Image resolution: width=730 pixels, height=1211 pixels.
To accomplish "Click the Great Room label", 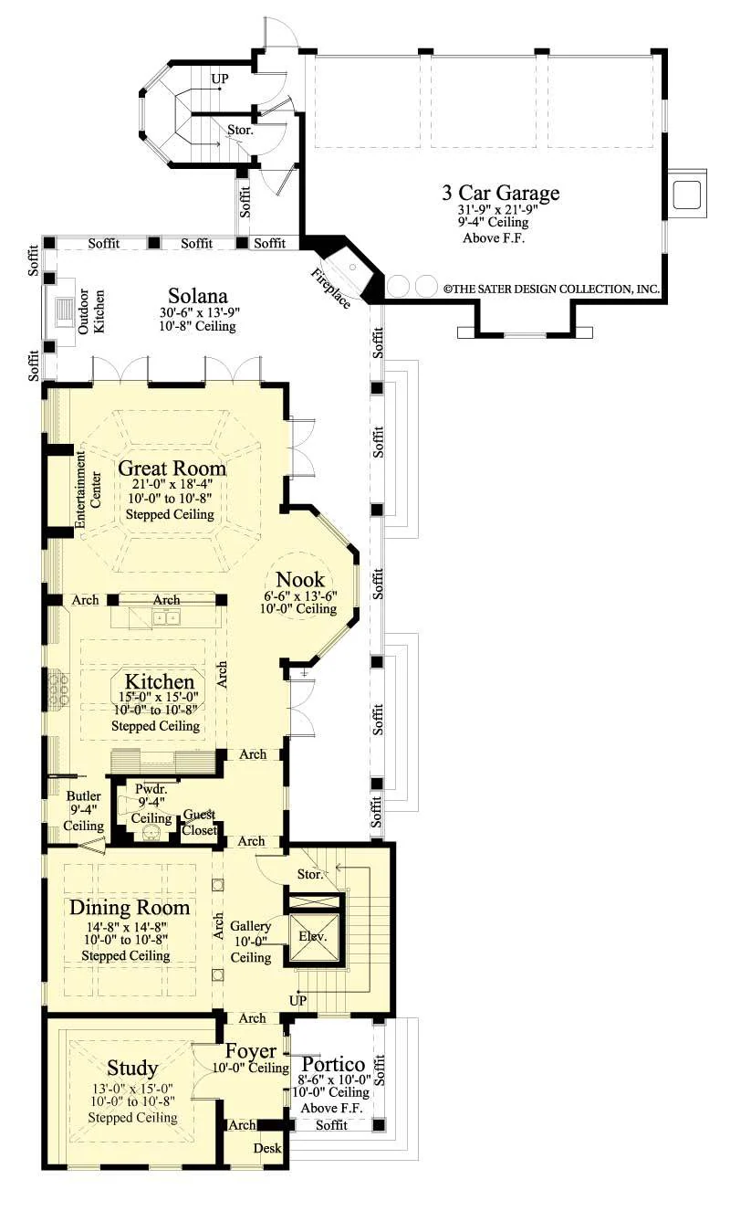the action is coord(172,469).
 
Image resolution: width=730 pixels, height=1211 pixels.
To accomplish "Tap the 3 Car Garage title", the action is coord(501,193).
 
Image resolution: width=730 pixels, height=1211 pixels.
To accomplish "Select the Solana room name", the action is coord(198,296).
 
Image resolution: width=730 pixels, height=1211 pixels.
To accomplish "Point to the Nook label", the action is coord(300,580).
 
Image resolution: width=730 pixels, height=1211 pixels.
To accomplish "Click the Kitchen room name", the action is coord(160,681).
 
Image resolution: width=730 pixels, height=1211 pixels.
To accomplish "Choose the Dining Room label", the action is coord(130,907).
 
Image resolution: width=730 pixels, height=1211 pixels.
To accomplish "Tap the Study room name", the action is coord(132,1068).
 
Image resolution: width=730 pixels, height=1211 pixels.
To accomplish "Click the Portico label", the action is coord(333,1064).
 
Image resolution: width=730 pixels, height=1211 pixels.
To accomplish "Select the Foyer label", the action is coord(251,1051).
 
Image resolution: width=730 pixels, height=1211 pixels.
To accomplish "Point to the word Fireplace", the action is coord(330,289).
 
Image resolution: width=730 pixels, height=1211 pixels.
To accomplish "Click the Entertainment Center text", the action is coord(89,490).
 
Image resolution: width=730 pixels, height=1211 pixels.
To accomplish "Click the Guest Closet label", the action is coord(200,822).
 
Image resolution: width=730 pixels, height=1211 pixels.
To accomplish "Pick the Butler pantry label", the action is coord(83,795).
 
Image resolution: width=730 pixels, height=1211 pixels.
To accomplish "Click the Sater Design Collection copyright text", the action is coord(552,289).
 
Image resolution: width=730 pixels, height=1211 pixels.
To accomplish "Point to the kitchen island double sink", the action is coord(166,616).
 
